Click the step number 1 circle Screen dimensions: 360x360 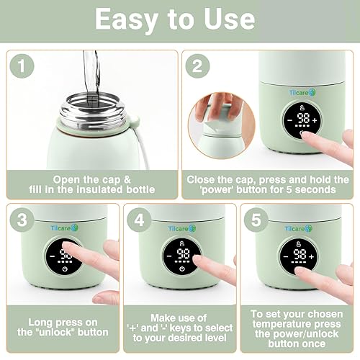[x=22, y=66]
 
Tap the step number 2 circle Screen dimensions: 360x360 [x=197, y=66]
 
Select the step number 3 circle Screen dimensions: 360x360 [x=22, y=220]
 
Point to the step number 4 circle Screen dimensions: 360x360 [x=139, y=220]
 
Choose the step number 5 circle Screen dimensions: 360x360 [x=256, y=220]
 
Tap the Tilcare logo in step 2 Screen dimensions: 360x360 [x=302, y=92]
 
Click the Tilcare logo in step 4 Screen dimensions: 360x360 [x=182, y=228]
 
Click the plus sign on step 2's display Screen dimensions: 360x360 [x=315, y=120]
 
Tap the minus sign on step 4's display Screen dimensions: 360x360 [x=169, y=256]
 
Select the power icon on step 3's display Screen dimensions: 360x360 [x=65, y=269]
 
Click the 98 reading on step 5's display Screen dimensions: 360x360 [x=300, y=254]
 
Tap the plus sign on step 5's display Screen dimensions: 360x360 [x=312, y=257]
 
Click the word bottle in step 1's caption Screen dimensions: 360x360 [x=140, y=189]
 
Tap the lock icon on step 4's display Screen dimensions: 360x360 [x=181, y=244]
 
